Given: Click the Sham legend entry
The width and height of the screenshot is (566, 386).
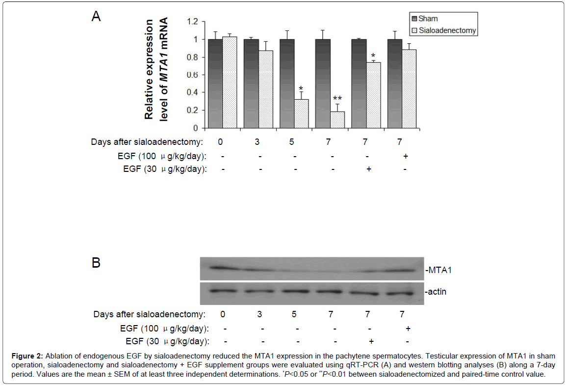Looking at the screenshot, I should (428, 19).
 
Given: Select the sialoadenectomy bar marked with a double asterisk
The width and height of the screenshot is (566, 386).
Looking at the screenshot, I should (337, 119).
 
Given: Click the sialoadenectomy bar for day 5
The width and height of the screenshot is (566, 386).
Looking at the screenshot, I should (302, 113).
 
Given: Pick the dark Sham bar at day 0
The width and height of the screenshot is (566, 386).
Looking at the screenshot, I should (215, 83).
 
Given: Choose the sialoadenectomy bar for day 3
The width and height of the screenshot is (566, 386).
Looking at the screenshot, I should (266, 89).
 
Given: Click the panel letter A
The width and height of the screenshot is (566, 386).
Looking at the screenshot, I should (96, 17).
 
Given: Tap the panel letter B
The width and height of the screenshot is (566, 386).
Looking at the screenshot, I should (96, 263).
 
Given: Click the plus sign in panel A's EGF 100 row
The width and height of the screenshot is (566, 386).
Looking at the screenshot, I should (406, 156).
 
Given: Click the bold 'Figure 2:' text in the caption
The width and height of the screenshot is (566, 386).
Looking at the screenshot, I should (26, 355).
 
